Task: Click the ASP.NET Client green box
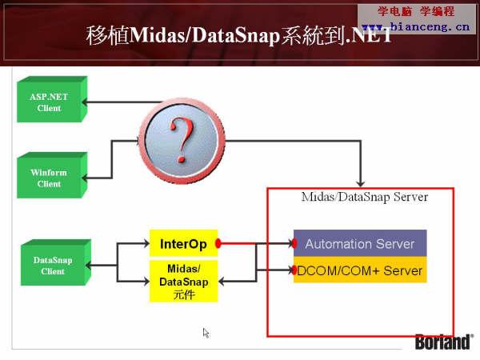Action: pos(52,99)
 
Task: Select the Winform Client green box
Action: pos(52,175)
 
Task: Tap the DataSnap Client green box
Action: pos(56,262)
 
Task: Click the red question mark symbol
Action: pos(182,140)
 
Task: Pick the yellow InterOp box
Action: pos(183,243)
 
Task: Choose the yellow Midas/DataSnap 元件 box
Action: pos(183,281)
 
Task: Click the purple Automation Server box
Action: pos(360,243)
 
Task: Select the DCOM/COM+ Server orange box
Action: pos(360,270)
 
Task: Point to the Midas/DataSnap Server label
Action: pos(365,197)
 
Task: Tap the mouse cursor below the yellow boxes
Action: pos(206,333)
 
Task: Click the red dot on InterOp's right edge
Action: pos(218,243)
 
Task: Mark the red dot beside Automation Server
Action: pos(294,243)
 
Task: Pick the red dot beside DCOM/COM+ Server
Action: pos(294,270)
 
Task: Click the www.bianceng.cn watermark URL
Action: pos(415,27)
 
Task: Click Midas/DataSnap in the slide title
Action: pos(205,36)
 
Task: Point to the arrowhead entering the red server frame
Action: pos(361,183)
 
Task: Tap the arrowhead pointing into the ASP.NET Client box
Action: pos(85,102)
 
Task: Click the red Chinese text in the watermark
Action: pos(416,12)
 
